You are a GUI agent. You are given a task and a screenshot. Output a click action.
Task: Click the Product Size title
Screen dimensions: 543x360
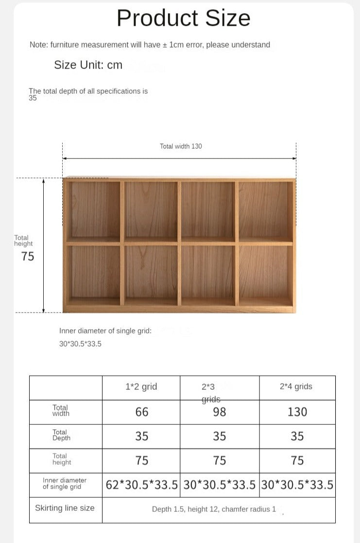(x=183, y=18)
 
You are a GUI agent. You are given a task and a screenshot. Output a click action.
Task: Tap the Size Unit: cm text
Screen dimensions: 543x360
(x=88, y=65)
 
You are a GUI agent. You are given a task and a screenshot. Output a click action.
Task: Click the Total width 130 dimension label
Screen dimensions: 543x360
(x=181, y=146)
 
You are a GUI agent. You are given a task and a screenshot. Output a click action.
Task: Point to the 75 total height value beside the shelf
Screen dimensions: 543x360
(x=28, y=257)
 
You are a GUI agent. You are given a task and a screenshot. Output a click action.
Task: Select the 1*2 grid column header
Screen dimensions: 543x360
(x=141, y=387)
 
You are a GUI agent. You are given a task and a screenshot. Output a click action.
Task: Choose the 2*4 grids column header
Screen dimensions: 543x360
(x=296, y=387)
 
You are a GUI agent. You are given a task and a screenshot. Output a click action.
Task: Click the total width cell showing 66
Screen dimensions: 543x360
(x=141, y=412)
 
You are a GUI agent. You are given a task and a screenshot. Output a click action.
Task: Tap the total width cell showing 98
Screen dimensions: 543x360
(x=220, y=412)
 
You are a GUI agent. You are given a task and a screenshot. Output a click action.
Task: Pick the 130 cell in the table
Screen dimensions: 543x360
(x=297, y=412)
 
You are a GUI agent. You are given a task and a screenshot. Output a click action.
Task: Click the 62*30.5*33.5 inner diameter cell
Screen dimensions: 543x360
(x=141, y=485)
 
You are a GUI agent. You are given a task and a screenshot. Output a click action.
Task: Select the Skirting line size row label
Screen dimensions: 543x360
(x=65, y=508)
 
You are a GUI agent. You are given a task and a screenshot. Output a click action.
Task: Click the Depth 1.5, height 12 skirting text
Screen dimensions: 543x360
(x=214, y=509)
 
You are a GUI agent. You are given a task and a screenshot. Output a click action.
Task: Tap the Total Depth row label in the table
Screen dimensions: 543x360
(x=61, y=435)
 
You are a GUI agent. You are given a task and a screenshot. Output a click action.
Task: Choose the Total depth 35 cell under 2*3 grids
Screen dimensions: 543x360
(x=220, y=437)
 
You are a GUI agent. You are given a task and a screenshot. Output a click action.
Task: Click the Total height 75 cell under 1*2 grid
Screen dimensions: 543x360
(x=141, y=461)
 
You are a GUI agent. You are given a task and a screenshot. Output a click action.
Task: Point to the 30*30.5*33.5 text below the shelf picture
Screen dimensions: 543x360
(x=80, y=344)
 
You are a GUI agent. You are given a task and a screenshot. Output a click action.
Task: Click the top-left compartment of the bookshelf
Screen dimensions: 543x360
(x=95, y=210)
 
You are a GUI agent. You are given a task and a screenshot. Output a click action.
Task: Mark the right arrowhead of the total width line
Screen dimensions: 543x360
(x=294, y=158)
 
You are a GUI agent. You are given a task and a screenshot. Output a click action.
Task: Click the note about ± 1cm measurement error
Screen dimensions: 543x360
(x=150, y=45)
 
